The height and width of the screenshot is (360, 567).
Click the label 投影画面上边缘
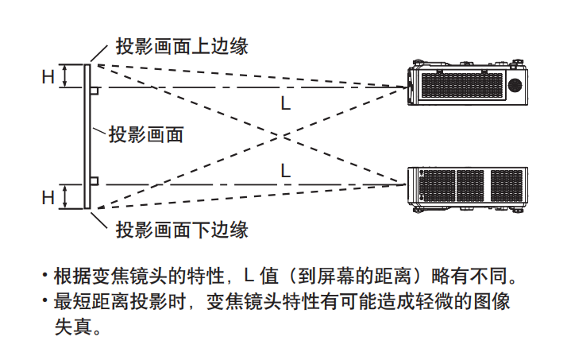click(182, 45)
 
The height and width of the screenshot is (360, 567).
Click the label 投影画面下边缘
click(182, 230)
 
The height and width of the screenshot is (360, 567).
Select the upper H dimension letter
click(48, 76)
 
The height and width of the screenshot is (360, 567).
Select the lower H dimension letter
click(48, 196)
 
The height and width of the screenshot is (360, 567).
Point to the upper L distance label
click(286, 103)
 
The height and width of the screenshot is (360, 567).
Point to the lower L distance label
click(286, 170)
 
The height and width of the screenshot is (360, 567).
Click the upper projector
click(467, 83)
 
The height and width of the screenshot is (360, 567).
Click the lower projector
click(467, 189)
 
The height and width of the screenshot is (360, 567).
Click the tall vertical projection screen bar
click(87, 136)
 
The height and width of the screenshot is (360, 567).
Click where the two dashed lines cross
click(280, 136)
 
